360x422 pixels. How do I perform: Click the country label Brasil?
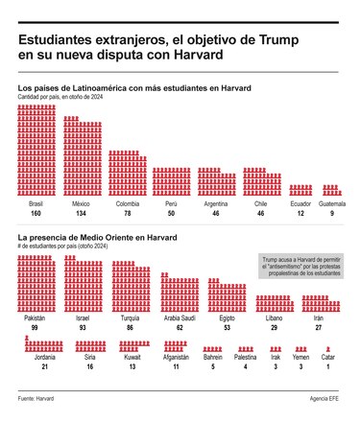coord(37,203)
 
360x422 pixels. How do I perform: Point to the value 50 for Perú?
coord(171,213)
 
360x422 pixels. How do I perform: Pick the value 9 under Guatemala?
coord(331,213)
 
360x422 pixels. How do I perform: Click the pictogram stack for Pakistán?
coord(35,284)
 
